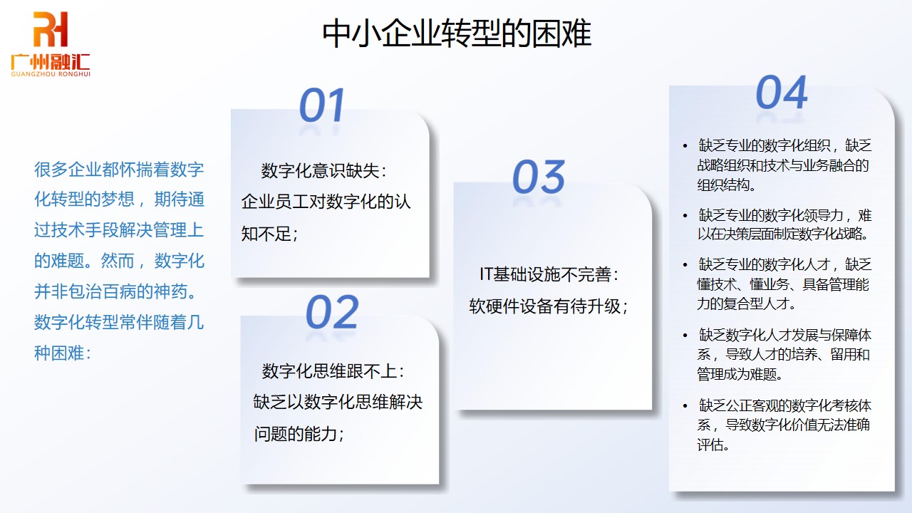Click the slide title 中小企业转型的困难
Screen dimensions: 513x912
pyautogui.click(x=457, y=33)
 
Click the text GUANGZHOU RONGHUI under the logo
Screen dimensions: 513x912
pyautogui.click(x=51, y=73)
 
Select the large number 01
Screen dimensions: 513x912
pyautogui.click(x=322, y=105)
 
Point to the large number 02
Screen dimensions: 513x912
pyautogui.click(x=332, y=312)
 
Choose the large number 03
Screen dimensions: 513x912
pyautogui.click(x=539, y=177)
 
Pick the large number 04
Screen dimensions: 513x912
pyautogui.click(x=782, y=93)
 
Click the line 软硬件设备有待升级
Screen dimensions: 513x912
pyautogui.click(x=547, y=306)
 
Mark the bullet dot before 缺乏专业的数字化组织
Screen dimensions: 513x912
pyautogui.click(x=685, y=146)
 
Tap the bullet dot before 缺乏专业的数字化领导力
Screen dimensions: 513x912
pyautogui.click(x=685, y=215)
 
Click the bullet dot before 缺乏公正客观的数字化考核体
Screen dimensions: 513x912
pyautogui.click(x=685, y=406)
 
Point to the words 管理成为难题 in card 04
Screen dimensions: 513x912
pyautogui.click(x=738, y=374)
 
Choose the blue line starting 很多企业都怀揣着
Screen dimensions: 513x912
pyautogui.click(x=119, y=170)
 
